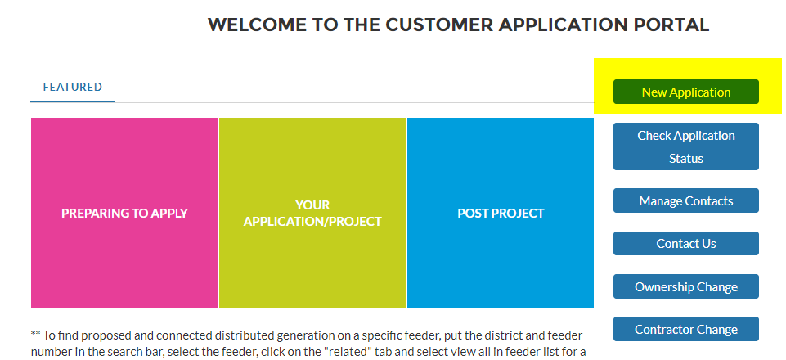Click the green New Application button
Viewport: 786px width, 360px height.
(685, 92)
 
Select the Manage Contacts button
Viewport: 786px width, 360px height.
(685, 200)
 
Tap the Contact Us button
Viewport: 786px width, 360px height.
(685, 243)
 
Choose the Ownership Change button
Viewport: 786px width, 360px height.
(685, 286)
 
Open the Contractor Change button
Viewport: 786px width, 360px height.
(685, 329)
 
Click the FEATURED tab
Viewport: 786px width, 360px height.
(72, 87)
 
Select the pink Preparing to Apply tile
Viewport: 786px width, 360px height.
(124, 213)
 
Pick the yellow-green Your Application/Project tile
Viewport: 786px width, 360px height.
(312, 213)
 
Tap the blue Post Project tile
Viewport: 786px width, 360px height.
(501, 213)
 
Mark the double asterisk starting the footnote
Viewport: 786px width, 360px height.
(35, 335)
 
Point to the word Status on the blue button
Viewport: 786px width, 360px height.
(685, 158)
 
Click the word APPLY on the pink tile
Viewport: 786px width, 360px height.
(168, 214)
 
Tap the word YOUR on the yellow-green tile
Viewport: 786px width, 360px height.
(312, 205)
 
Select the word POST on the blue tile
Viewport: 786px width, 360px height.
(475, 214)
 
